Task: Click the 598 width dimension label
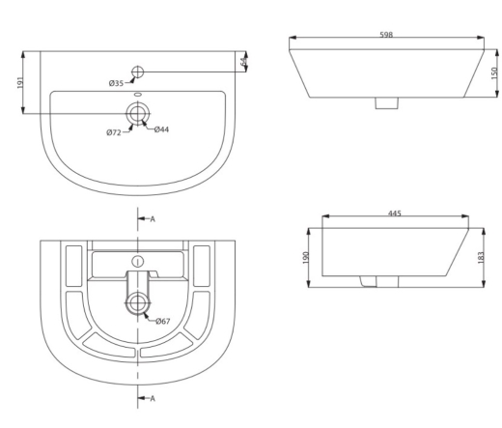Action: point(386,35)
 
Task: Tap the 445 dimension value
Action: point(395,214)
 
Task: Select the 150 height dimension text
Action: point(494,73)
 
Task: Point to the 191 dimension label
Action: point(20,83)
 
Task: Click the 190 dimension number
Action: point(306,258)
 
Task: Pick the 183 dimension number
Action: point(481,258)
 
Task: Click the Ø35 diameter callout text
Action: point(116,83)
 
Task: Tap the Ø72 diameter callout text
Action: point(114,132)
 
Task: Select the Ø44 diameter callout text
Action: point(161,129)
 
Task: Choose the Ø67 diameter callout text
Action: point(163,321)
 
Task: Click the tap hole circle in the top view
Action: point(138,71)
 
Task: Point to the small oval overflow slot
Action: point(138,95)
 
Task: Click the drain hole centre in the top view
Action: point(138,113)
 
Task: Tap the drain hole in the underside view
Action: point(138,303)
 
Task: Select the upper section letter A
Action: point(153,219)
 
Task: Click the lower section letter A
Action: point(153,399)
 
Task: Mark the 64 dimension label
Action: point(244,61)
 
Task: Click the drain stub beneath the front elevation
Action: point(387,103)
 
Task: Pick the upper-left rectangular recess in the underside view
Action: point(74,266)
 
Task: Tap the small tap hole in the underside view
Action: point(138,262)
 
